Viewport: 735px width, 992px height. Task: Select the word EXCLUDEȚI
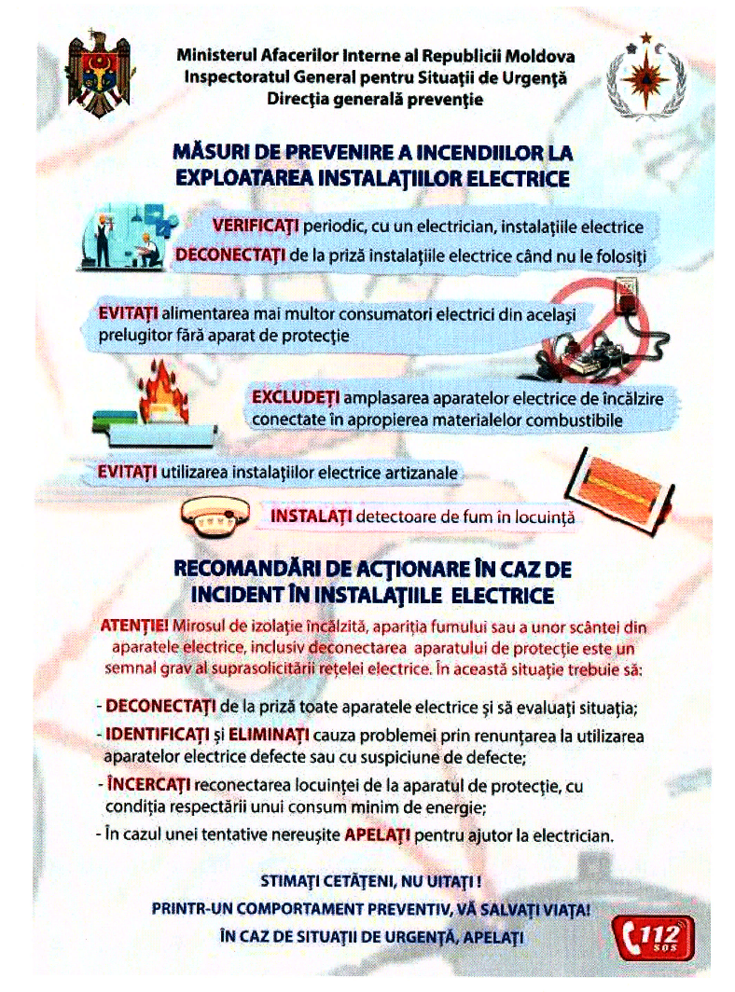tap(293, 398)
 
